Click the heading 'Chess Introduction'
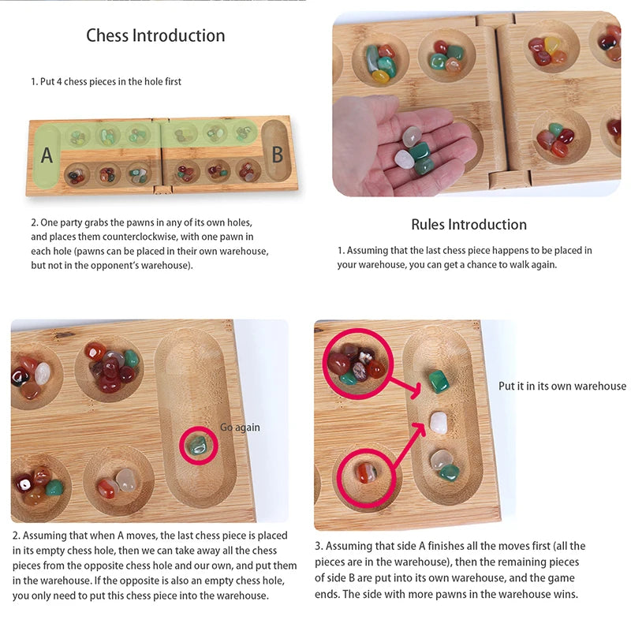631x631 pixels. click(x=155, y=35)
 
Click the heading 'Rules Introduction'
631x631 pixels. click(x=469, y=225)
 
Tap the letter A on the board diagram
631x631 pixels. click(x=47, y=155)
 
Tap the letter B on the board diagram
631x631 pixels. click(x=277, y=155)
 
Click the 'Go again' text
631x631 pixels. click(x=240, y=428)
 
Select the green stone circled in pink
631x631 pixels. click(x=198, y=446)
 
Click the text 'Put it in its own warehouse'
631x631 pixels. click(x=562, y=386)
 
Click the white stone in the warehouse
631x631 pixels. click(x=438, y=424)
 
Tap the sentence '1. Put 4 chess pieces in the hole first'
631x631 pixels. click(x=106, y=81)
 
